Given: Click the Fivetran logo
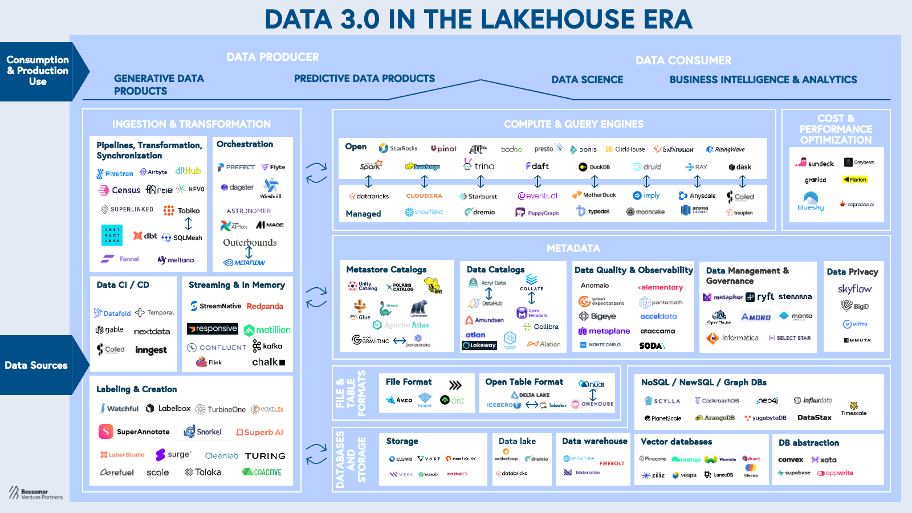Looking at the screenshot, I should point(115,173).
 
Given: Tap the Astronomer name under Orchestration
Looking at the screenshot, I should point(249,211).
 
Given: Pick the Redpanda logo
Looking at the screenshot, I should point(264,306).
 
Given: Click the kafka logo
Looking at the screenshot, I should point(267,346).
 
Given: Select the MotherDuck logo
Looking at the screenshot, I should point(594,195).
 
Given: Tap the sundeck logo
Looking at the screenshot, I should point(815,163).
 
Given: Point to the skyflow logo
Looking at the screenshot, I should point(854,289).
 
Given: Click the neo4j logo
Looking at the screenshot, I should point(767,401).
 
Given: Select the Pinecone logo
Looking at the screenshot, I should point(653,458).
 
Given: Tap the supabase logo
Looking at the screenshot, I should point(794,473).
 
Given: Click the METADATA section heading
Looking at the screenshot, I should point(573,249).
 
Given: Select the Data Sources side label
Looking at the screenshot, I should point(36,365).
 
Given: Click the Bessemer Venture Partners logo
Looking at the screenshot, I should point(35,493).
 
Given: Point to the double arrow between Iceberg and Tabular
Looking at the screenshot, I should point(531,405).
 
